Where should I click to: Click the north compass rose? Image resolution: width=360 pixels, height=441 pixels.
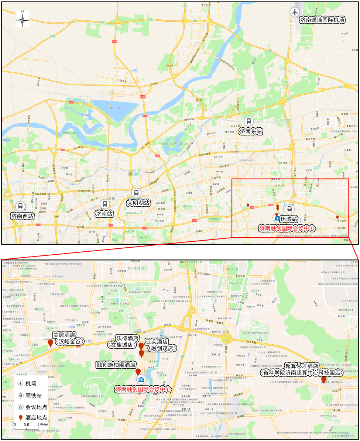click(x=23, y=19)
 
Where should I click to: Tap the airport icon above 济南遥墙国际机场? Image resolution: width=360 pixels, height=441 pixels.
click(x=295, y=12)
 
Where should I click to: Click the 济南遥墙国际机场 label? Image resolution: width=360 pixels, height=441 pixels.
click(x=322, y=20)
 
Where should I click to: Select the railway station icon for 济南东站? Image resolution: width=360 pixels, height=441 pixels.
click(x=249, y=121)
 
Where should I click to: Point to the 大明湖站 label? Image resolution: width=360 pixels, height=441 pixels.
click(x=138, y=203)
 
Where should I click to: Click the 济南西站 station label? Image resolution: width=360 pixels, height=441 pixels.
click(x=22, y=216)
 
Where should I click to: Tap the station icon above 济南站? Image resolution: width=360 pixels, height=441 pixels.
click(x=105, y=203)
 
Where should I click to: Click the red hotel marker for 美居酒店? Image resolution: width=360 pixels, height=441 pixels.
click(x=51, y=344)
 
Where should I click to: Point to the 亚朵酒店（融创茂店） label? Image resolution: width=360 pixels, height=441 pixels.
click(x=160, y=345)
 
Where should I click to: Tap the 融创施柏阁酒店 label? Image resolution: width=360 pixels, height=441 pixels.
click(x=116, y=365)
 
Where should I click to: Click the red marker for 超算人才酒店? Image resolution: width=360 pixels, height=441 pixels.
click(x=324, y=380)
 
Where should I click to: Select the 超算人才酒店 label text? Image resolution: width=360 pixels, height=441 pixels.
click(x=302, y=369)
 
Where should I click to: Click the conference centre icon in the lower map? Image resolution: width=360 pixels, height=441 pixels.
click(x=141, y=379)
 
